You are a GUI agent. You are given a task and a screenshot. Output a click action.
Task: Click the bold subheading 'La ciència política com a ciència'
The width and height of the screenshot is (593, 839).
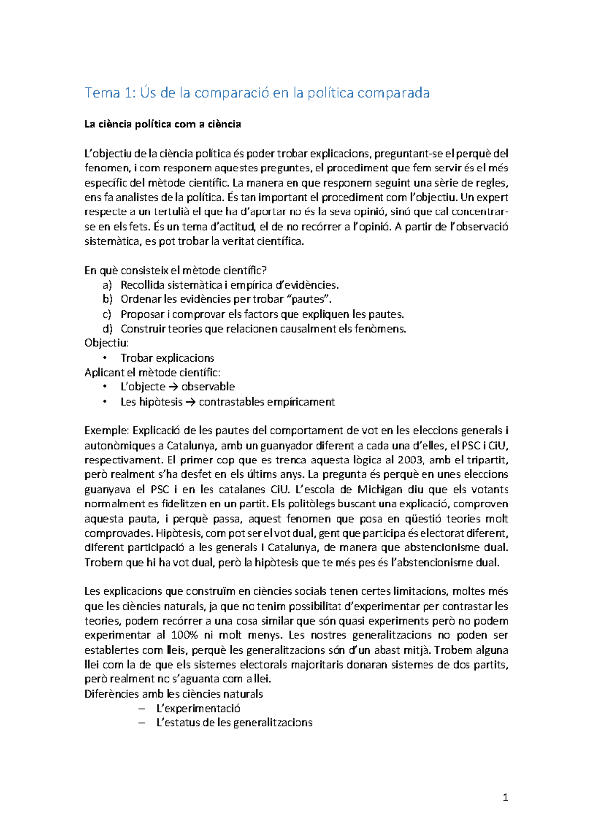point(163,125)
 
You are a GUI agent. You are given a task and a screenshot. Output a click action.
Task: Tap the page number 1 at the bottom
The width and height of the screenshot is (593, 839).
point(505,797)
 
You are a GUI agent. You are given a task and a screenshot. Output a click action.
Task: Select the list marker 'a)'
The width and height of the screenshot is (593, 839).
point(107,285)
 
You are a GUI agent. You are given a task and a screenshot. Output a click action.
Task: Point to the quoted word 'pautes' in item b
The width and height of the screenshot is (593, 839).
point(309,299)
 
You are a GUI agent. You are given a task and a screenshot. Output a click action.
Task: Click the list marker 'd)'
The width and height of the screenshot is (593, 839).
point(107,329)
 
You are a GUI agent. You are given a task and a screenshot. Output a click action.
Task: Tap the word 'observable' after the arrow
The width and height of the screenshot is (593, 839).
point(208,387)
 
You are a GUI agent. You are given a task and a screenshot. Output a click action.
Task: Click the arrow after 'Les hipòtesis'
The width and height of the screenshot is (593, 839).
point(191,402)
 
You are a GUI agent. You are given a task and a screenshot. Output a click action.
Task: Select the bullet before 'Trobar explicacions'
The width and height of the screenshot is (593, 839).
point(104,358)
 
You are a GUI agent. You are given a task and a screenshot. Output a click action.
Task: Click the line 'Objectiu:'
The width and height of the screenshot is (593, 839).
point(107,343)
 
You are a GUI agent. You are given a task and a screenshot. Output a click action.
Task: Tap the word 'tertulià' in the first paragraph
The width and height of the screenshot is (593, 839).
point(171,212)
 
